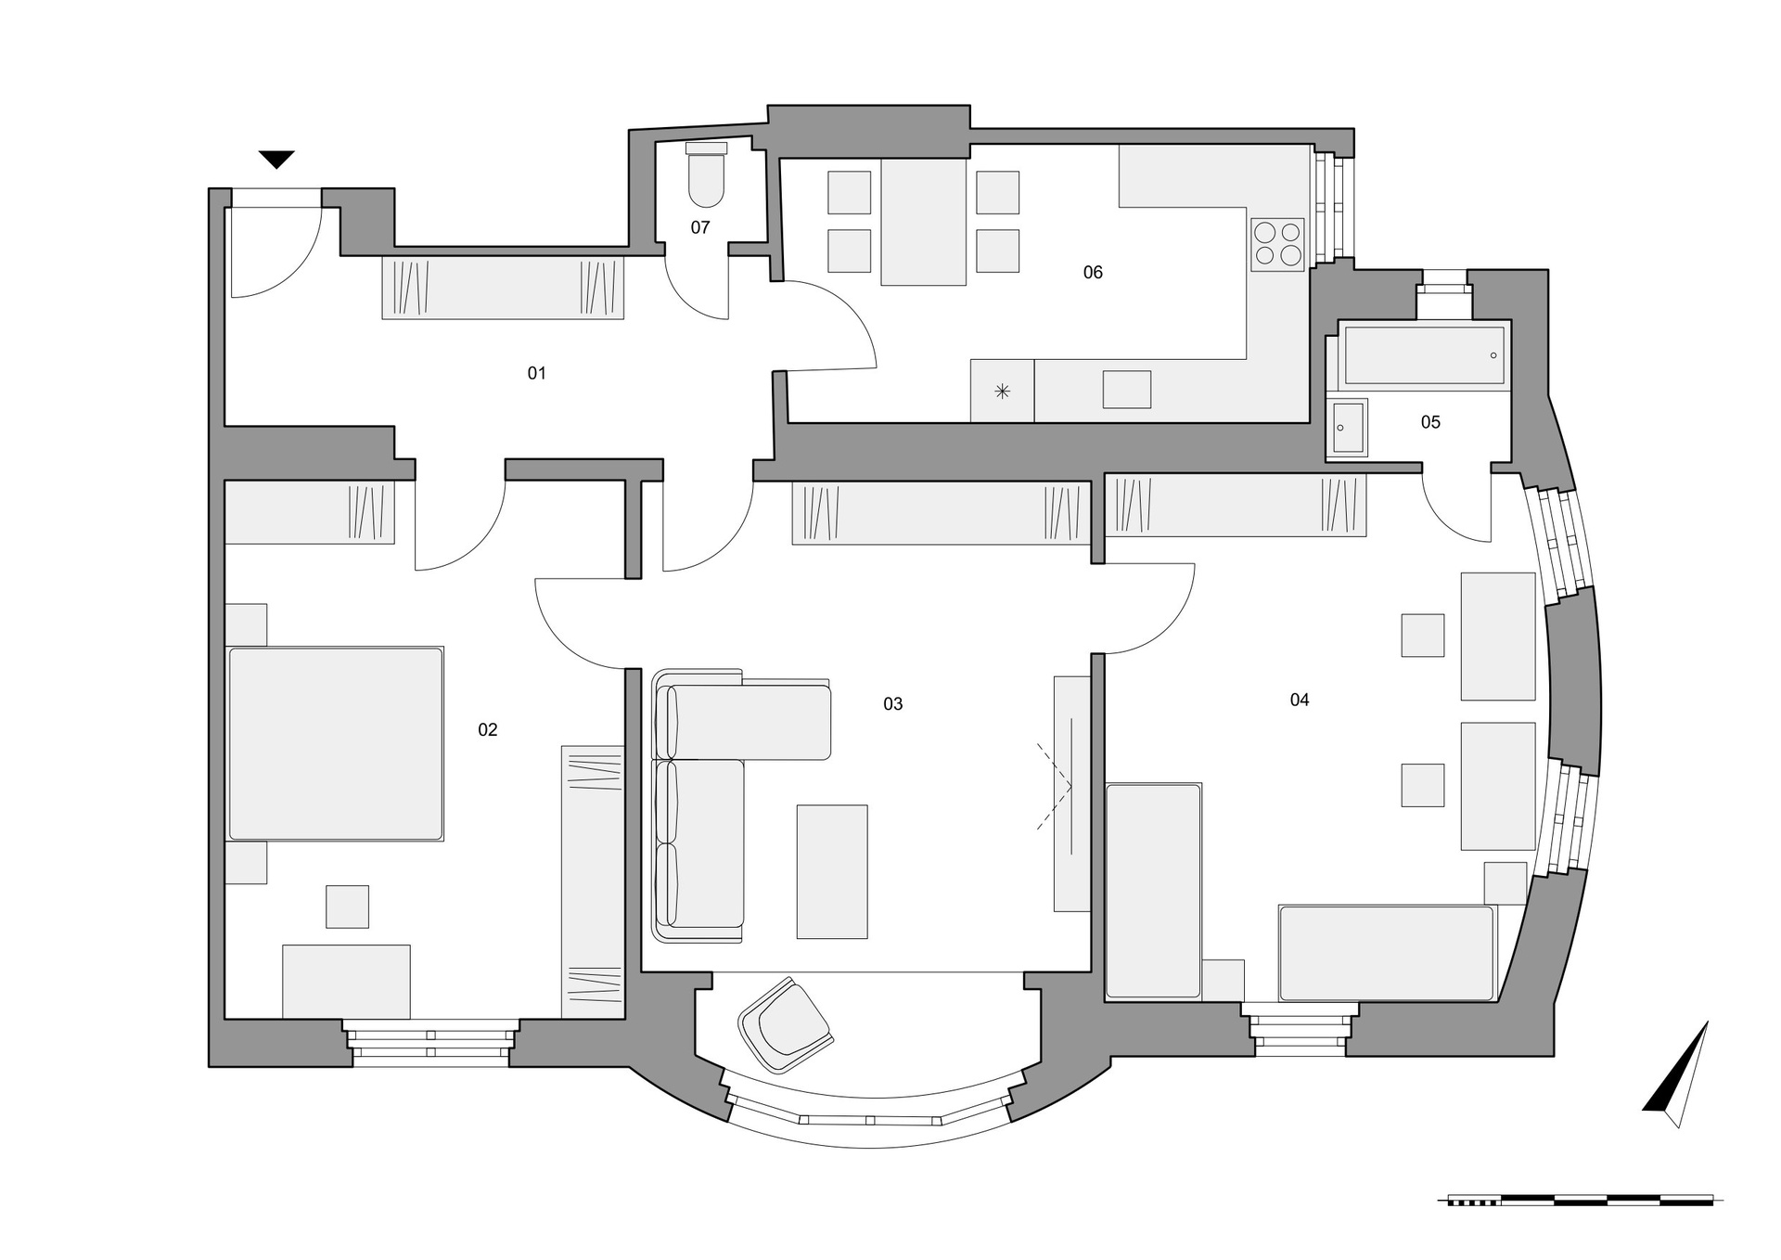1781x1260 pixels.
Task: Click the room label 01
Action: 536,373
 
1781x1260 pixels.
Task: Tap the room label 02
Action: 487,730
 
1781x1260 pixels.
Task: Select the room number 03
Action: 892,704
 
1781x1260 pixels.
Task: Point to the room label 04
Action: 1299,700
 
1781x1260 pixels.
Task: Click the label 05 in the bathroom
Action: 1430,422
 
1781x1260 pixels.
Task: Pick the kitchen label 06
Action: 1093,272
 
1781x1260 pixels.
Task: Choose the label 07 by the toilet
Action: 699,227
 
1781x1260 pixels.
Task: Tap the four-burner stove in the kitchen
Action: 1277,243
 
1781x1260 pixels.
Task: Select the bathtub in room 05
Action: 1424,354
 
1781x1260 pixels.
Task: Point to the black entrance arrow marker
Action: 276,160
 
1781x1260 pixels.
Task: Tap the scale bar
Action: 1581,1201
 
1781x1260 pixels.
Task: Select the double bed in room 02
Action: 335,743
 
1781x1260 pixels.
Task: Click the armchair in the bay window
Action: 786,1023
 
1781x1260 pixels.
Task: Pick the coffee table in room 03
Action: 832,871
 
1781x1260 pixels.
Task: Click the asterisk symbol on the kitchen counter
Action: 1002,392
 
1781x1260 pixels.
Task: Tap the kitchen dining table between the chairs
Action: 923,222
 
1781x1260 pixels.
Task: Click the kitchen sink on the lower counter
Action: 1126,390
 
